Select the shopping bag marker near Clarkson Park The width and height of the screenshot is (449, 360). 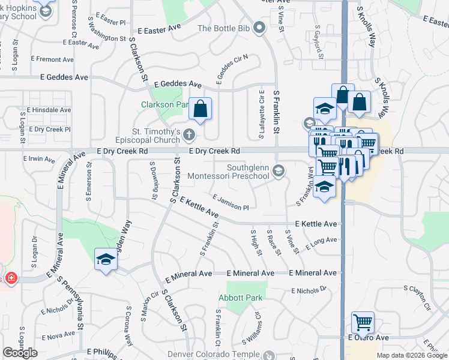click(200, 110)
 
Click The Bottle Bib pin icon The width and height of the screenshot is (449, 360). click(259, 28)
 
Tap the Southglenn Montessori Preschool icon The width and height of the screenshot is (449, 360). click(278, 172)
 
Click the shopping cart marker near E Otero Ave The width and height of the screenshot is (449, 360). click(363, 323)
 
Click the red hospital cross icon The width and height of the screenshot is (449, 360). click(10, 279)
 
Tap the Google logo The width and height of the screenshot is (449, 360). click(20, 353)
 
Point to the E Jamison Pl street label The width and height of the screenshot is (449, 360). click(231, 203)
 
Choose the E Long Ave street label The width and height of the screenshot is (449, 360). click(321, 242)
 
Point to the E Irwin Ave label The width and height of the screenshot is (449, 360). click(39, 160)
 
